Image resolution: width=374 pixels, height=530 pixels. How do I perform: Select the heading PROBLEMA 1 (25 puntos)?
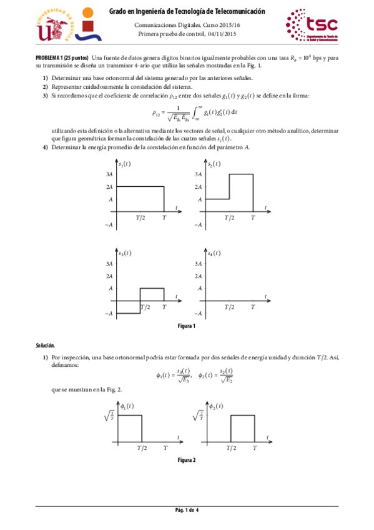tap(61, 58)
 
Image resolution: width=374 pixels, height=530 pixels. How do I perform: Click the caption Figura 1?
tap(187, 326)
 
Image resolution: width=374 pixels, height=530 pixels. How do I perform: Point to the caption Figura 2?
tap(187, 460)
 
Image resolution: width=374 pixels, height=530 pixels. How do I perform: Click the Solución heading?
tap(45, 345)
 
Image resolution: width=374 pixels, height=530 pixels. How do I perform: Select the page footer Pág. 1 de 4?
tap(187, 511)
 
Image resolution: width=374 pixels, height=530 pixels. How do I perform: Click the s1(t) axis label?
tap(124, 164)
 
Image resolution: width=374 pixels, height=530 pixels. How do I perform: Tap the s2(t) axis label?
tap(214, 164)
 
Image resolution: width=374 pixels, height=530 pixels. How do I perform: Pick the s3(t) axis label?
tap(124, 252)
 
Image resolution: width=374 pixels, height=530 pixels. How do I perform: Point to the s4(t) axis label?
tap(214, 252)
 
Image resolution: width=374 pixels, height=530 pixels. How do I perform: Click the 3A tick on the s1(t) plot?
tap(109, 174)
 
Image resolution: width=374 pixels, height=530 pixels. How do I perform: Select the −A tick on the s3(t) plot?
tap(109, 313)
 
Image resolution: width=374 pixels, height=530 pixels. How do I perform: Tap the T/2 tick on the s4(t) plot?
tap(230, 307)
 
